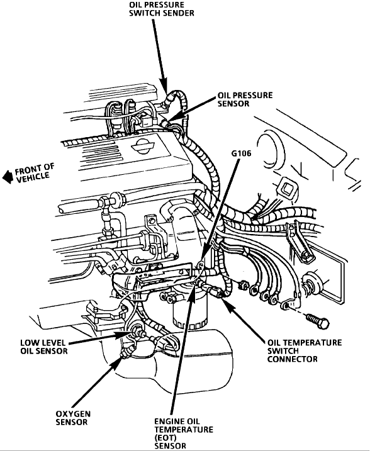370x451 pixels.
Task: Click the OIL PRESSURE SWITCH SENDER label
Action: coord(162,9)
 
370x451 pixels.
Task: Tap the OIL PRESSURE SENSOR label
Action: coord(245,99)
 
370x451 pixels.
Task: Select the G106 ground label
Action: coord(241,153)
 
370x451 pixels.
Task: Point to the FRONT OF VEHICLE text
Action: coord(34,174)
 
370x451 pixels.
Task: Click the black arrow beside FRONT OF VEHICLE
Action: coord(8,177)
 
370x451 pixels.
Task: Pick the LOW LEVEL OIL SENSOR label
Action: coord(43,347)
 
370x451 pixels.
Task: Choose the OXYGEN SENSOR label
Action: coord(73,418)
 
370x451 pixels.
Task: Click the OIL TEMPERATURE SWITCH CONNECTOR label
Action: coord(305,350)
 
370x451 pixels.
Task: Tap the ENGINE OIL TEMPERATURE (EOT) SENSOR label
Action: coord(184,433)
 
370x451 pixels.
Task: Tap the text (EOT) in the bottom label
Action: coord(165,438)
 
